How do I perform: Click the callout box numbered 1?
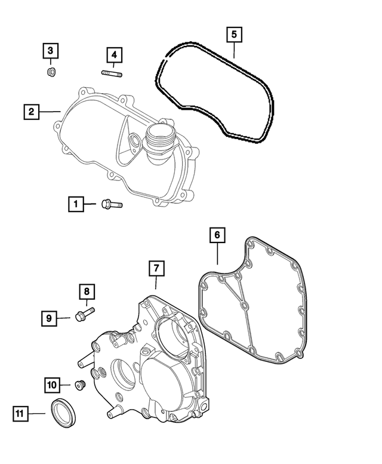[76, 204]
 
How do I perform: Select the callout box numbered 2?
[32, 112]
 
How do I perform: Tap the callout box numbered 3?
[51, 51]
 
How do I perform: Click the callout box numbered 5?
[235, 34]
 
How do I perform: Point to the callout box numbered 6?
[217, 235]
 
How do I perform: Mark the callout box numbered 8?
[87, 292]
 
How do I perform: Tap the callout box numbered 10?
[52, 385]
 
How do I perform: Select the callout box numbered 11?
[21, 412]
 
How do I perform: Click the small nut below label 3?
[51, 73]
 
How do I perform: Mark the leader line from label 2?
[51, 112]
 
